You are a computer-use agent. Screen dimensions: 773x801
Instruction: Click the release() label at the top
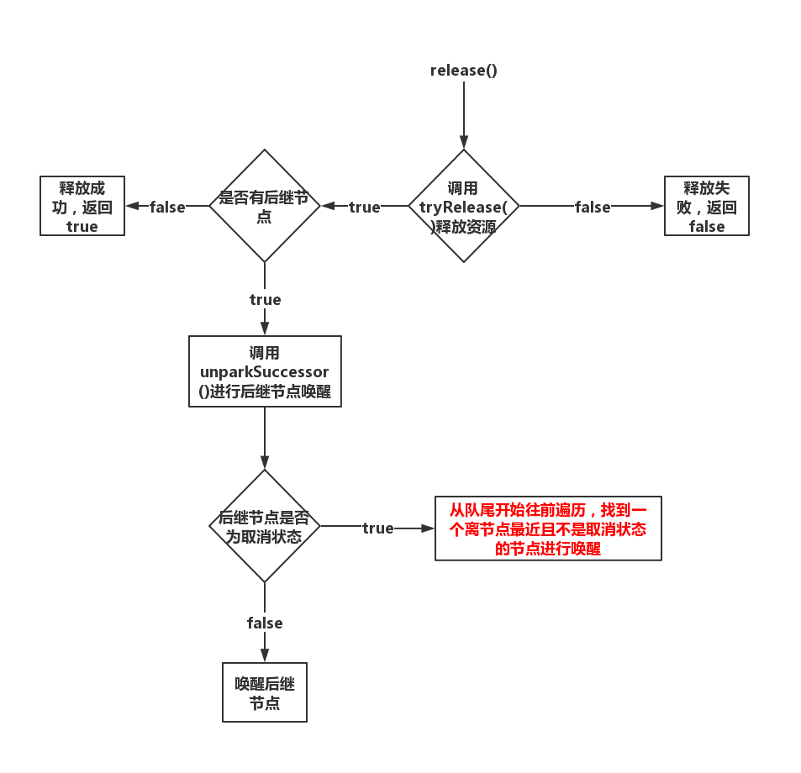pos(463,70)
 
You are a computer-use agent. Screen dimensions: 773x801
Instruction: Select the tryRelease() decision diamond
pos(463,206)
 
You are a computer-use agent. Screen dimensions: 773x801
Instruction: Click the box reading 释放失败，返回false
pos(706,206)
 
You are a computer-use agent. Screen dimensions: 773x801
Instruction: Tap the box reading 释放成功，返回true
pos(82,206)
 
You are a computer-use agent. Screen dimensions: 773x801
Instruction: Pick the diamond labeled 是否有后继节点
pos(265,206)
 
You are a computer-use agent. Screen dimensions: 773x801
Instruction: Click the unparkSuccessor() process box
pos(265,371)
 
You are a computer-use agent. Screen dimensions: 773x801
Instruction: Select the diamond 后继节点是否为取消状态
pos(265,526)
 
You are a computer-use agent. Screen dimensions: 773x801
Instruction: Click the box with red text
pos(548,528)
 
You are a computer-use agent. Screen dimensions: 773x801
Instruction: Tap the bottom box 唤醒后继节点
pos(265,692)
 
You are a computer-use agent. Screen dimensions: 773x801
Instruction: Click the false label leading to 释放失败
pos(593,207)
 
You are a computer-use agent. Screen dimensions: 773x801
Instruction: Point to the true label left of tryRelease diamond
pos(364,207)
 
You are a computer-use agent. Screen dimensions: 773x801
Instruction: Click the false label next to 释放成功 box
pos(167,207)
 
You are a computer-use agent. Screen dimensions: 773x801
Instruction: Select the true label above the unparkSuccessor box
pos(265,299)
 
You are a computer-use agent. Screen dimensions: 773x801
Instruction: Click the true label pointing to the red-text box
pos(377,528)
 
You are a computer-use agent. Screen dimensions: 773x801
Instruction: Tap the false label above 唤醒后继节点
pos(265,623)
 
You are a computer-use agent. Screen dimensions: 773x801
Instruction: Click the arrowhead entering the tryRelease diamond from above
pos(463,143)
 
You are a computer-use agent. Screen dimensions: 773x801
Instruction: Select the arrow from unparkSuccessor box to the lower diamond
pos(265,437)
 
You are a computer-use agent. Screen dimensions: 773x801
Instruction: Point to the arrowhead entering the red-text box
pos(428,528)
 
